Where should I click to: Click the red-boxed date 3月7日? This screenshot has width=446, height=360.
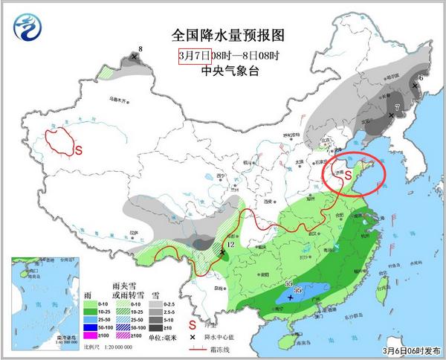[195, 56]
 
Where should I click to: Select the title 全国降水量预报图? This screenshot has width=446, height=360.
[227, 36]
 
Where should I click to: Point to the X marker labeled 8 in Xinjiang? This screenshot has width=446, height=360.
[134, 57]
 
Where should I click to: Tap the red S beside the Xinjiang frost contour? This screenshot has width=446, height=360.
[77, 149]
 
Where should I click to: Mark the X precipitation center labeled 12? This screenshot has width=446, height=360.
[222, 253]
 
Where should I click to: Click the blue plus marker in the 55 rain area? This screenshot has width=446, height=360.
[289, 297]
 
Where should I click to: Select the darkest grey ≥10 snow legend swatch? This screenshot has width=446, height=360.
[155, 327]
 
